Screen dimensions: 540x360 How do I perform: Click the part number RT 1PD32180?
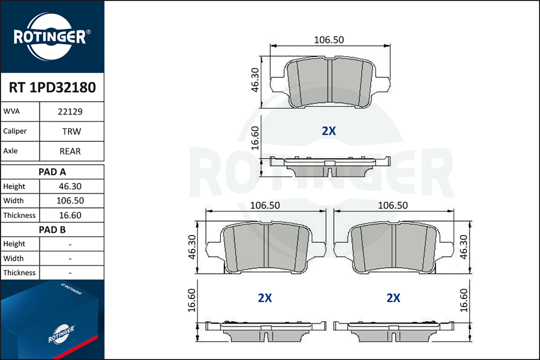[x=52, y=87]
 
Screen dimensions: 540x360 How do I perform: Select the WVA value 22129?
[x=70, y=112]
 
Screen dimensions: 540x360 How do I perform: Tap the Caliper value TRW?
[x=72, y=131]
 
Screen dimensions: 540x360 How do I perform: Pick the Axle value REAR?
[x=70, y=151]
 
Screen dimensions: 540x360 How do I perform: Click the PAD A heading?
[x=52, y=172]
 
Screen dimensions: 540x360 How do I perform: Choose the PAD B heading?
[x=52, y=230]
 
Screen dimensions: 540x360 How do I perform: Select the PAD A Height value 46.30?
[x=70, y=186]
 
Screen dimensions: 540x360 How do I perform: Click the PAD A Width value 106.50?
[x=70, y=201]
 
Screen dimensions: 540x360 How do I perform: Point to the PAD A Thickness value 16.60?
[x=70, y=215]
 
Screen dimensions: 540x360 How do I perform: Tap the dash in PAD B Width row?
[x=70, y=259]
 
